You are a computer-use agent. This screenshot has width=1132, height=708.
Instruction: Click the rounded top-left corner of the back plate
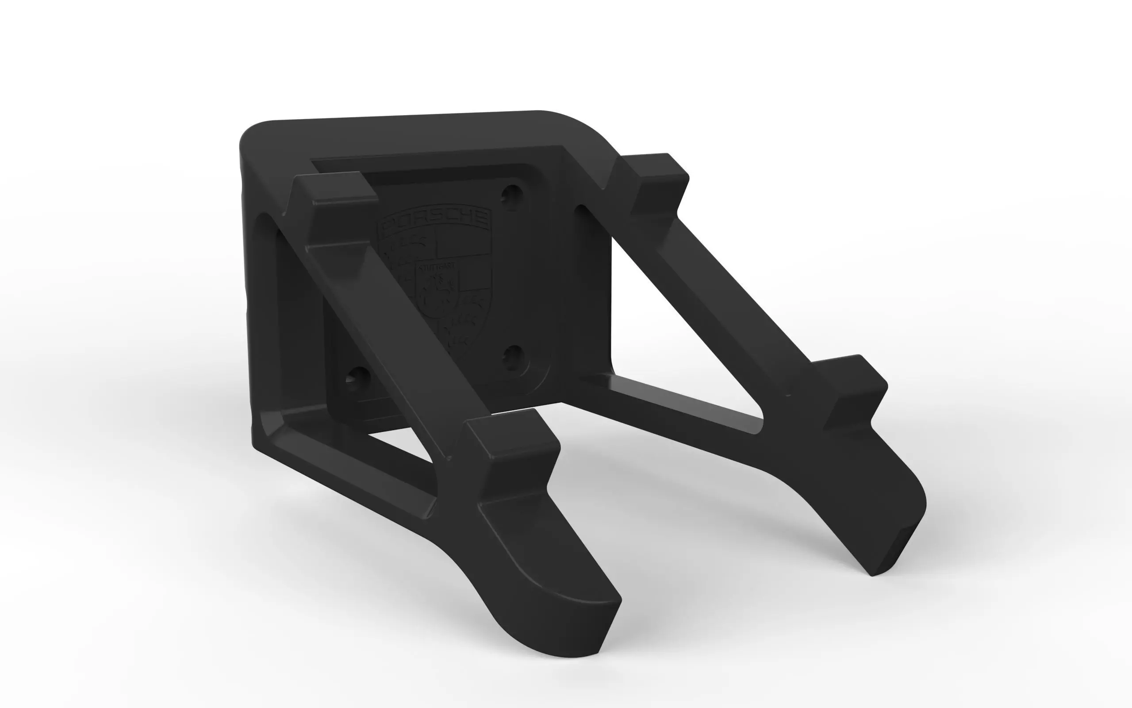point(255,136)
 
